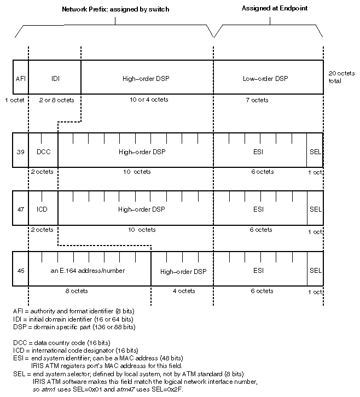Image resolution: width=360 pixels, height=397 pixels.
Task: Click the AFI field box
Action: pyautogui.click(x=21, y=77)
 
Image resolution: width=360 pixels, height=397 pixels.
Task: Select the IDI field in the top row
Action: pyautogui.click(x=55, y=77)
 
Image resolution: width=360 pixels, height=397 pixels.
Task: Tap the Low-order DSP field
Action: pyautogui.click(x=268, y=77)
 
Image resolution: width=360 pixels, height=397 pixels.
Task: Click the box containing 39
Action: pyautogui.click(x=21, y=150)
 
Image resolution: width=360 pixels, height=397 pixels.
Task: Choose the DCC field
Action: pyautogui.click(x=43, y=150)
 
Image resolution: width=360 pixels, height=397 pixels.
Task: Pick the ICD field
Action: pyautogui.click(x=43, y=208)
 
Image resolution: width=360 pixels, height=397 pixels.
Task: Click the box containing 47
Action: pyautogui.click(x=21, y=208)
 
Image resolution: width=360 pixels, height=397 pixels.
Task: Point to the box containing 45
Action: pyautogui.click(x=21, y=269)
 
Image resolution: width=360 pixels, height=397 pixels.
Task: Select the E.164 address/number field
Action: pyautogui.click(x=90, y=269)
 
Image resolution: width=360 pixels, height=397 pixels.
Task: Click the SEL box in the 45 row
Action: pyautogui.click(x=315, y=269)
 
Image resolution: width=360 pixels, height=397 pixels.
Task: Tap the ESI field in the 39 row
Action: pyautogui.click(x=260, y=150)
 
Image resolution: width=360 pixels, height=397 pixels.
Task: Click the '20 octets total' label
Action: pyautogui.click(x=341, y=77)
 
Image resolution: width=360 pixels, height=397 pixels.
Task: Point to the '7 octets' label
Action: pyautogui.click(x=257, y=100)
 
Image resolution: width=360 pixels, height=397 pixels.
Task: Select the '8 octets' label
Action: pyautogui.click(x=77, y=291)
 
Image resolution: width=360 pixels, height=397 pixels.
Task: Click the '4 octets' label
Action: pyautogui.click(x=184, y=291)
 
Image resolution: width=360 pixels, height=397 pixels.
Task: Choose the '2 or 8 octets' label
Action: pyautogui.click(x=56, y=100)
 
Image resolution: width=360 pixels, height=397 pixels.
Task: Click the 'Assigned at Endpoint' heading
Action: pyautogui.click(x=275, y=8)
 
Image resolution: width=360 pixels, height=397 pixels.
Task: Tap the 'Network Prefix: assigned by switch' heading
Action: pyautogui.click(x=115, y=9)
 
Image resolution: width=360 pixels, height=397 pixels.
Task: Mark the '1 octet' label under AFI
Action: pyautogui.click(x=15, y=100)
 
